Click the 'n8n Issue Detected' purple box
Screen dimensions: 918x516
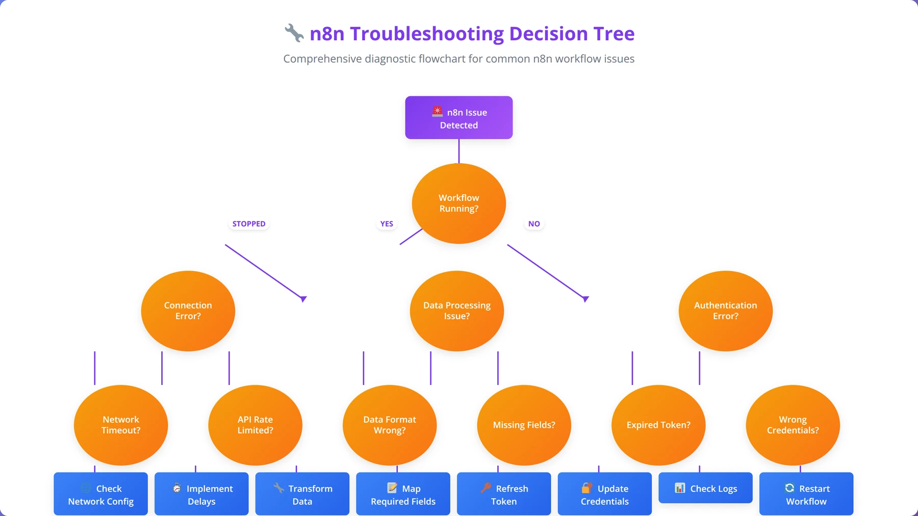[459, 118]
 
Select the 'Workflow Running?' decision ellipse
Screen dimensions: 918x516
[459, 203]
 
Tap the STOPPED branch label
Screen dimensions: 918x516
[249, 224]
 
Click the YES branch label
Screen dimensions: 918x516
[387, 224]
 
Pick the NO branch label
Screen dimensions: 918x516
[534, 224]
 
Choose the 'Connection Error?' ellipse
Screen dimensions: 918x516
[188, 311]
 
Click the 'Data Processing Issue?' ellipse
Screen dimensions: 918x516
[457, 311]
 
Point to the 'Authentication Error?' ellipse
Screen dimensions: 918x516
[726, 311]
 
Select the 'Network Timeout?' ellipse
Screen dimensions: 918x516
[121, 425]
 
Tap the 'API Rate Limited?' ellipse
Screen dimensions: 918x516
[256, 425]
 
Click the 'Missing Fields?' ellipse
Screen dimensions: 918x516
[524, 425]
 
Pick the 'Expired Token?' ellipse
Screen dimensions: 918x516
[658, 425]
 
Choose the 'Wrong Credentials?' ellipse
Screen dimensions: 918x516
[793, 425]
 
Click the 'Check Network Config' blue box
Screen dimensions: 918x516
[101, 494]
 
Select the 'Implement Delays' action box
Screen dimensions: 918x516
[201, 494]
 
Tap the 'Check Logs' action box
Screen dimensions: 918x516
[705, 488]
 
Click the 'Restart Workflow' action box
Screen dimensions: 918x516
[806, 494]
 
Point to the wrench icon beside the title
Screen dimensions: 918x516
[294, 33]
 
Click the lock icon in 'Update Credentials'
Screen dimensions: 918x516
[587, 488]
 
